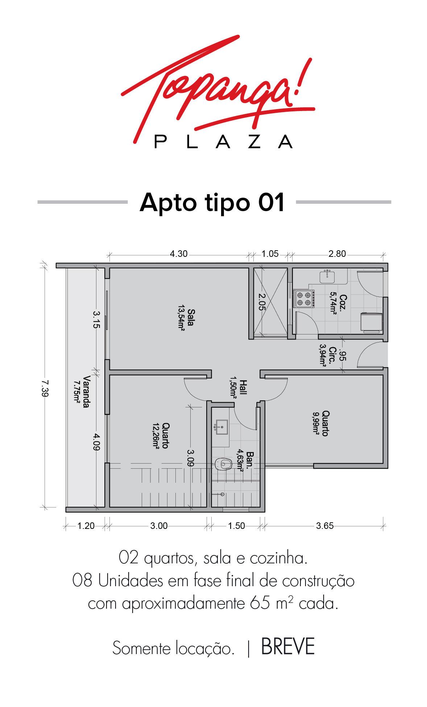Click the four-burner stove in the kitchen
pos(304,299)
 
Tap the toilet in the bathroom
pos(223,464)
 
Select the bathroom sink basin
pos(221,427)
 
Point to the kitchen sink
pos(327,276)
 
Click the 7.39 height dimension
pos(45,388)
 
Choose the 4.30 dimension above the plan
pos(179,254)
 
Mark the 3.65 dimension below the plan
pos(325,526)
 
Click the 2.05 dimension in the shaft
pos(262,302)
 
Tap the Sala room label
pos(191,317)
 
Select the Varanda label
pos(86,392)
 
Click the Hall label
pos(243,387)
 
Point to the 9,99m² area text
pos(316,423)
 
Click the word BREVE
pos(288,647)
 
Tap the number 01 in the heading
pos(271,202)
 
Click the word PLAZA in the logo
pos(223,141)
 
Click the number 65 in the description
pos(260,603)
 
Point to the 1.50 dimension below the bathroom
pos(236,526)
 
